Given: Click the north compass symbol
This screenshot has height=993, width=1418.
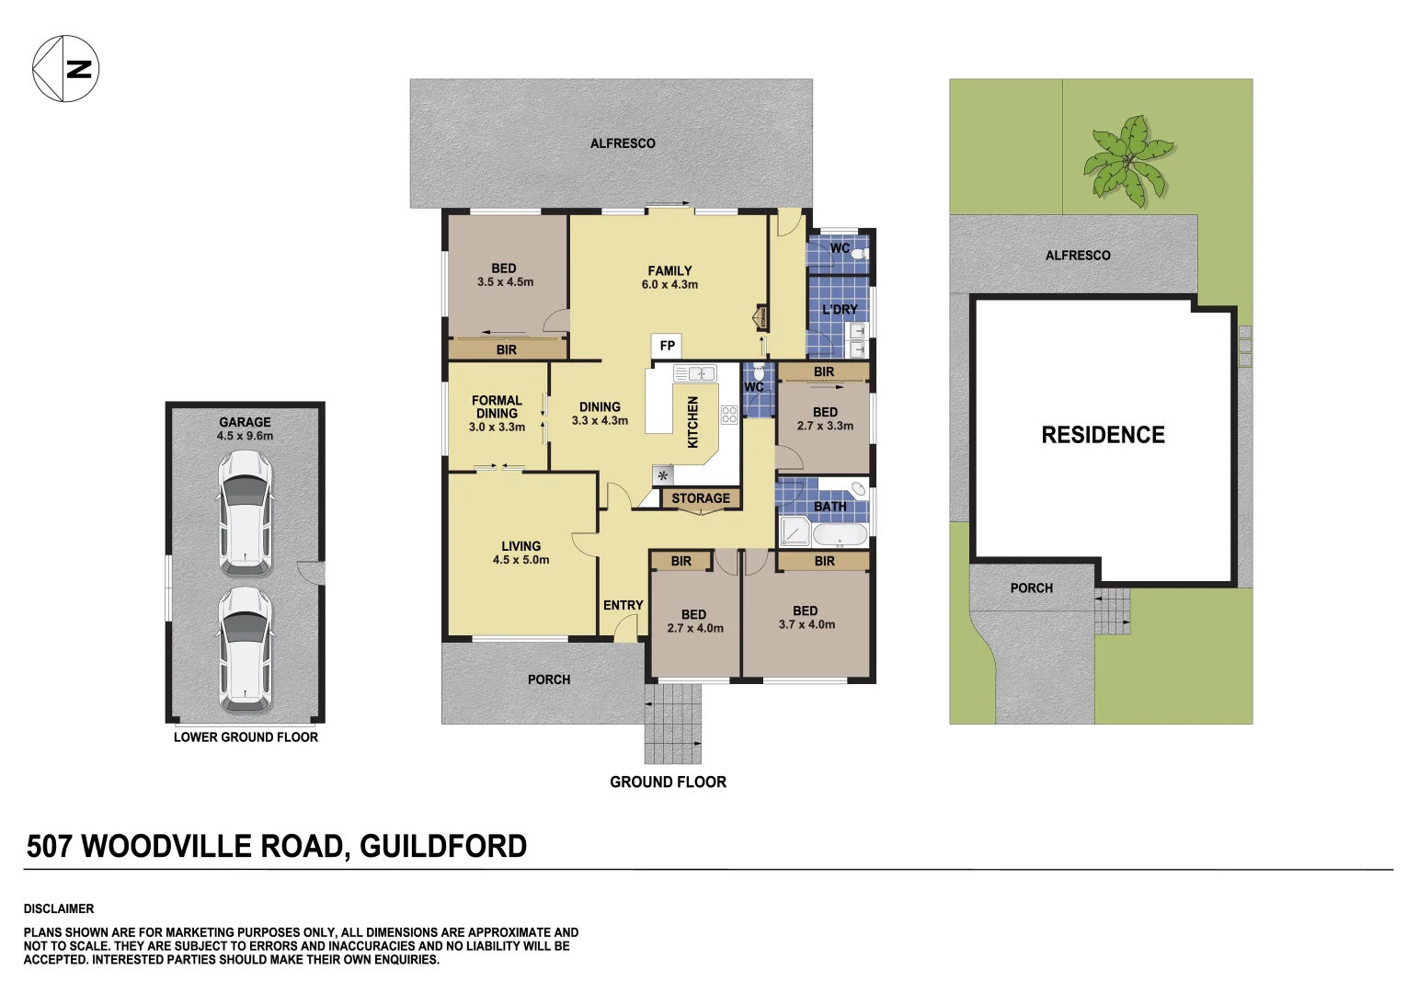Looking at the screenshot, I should coord(65,68).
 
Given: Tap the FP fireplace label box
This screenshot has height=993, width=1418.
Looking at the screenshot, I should coord(668,346).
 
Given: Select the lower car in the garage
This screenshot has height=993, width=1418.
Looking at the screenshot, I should coord(245,648).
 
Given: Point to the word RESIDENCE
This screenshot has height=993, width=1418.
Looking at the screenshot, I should coord(1103,435).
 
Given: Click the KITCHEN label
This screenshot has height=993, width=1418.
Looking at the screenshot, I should coord(693,423).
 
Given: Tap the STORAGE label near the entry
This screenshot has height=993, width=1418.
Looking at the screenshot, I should coord(701,498).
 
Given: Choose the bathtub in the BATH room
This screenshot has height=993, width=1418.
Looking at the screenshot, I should coord(839,534).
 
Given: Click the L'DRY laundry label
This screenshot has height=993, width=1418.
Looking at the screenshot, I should coord(839,310).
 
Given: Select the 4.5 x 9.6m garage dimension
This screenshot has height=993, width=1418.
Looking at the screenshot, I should coord(245,436).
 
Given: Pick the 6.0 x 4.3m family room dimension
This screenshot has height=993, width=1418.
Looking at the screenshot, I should coord(669,285).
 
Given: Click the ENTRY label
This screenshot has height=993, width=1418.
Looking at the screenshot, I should coord(623,605).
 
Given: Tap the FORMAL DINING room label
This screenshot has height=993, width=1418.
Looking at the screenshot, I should coord(497,406).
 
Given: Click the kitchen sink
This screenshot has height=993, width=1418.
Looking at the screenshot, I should coord(695,373).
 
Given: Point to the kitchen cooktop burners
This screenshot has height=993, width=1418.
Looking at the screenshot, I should coord(729,415).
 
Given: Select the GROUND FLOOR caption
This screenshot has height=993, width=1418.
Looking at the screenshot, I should coord(668,782).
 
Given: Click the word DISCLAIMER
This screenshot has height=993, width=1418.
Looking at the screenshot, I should coord(59,908).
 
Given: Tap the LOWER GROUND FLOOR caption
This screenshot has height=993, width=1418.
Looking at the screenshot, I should coord(246,737).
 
